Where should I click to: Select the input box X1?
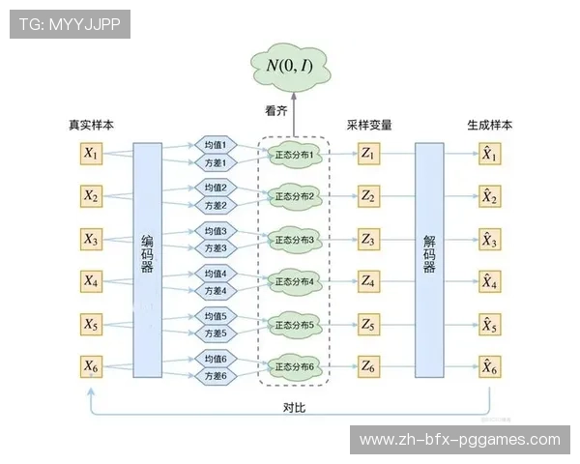[91, 153]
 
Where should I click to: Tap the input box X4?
[91, 281]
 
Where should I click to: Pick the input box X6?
[91, 366]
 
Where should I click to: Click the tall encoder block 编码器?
[147, 260]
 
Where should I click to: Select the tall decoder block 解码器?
[429, 260]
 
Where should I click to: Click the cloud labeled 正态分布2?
[295, 196]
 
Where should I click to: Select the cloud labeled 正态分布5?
[295, 324]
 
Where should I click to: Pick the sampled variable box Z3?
[367, 239]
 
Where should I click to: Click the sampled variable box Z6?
[367, 366]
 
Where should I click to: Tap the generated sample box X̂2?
[490, 196]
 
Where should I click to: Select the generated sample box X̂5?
[490, 324]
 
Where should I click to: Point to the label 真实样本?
[91, 126]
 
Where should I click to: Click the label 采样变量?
[368, 126]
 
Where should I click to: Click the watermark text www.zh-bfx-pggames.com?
[459, 440]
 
